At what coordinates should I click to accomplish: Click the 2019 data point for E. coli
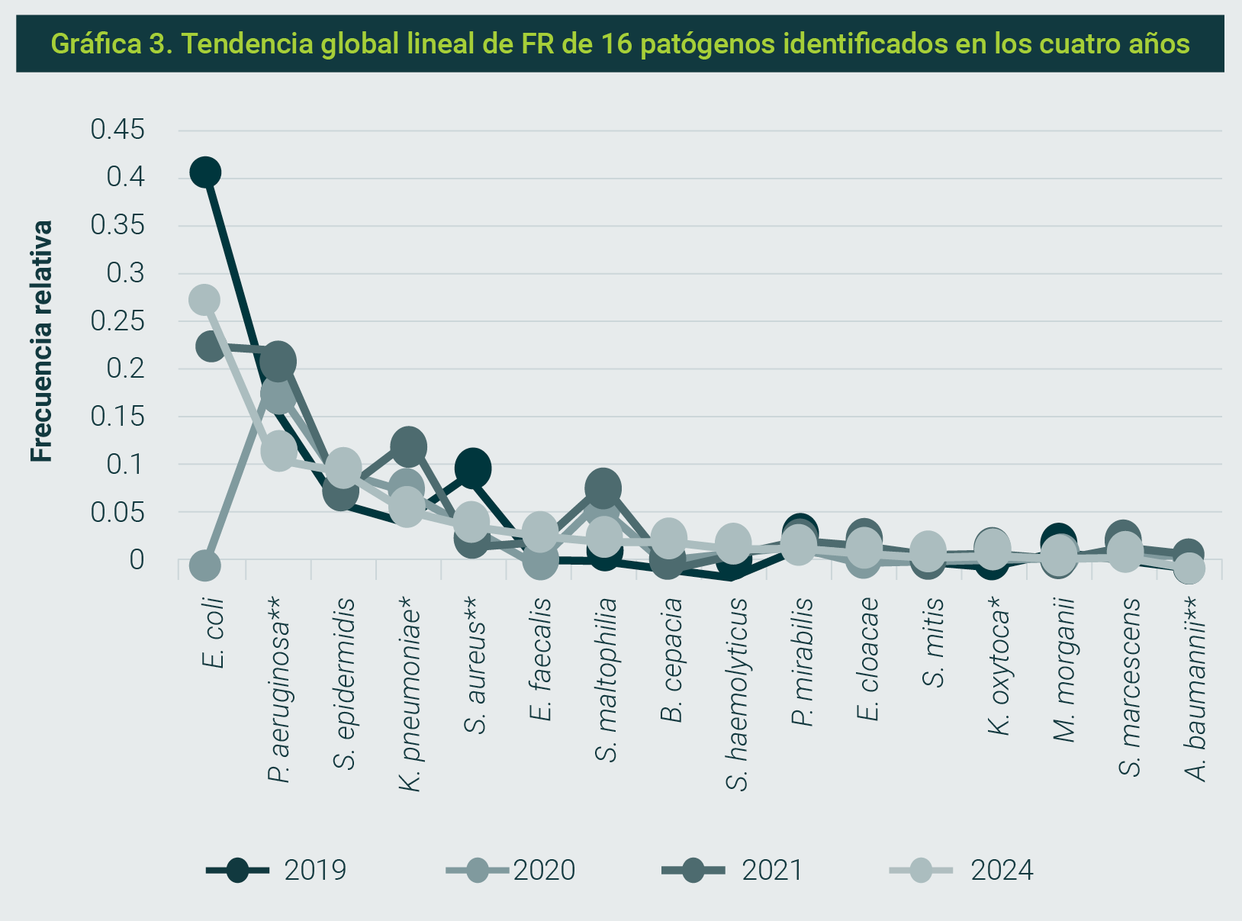[x=205, y=172]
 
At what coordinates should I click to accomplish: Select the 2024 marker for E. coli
[x=204, y=299]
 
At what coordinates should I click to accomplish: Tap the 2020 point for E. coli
[x=204, y=565]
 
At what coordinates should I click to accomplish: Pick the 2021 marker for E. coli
[x=210, y=346]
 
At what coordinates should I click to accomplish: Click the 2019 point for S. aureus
[x=473, y=468]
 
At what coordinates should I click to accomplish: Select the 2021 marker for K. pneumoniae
[x=408, y=446]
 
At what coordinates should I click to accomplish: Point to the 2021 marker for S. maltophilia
[x=603, y=488]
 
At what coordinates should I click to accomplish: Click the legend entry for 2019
[x=277, y=870]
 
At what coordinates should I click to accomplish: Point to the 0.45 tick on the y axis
[x=117, y=130]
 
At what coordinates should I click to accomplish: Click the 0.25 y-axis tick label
[x=117, y=321]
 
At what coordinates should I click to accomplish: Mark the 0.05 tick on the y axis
[x=117, y=513]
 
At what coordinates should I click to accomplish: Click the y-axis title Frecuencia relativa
[x=42, y=341]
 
